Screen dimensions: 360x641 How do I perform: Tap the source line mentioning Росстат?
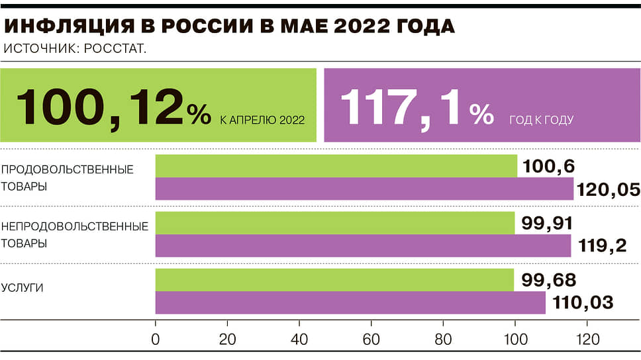click(75, 48)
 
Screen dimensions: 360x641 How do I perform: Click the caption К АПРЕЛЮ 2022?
click(262, 120)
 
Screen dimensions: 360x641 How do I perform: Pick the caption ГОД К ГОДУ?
click(541, 120)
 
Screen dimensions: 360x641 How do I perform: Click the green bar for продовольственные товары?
click(336, 166)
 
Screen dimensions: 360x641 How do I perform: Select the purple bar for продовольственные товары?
click(364, 189)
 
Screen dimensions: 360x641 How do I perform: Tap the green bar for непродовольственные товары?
click(334, 223)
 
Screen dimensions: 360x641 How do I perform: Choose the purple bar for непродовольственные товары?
click(363, 246)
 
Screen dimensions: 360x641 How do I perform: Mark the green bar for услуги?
click(334, 280)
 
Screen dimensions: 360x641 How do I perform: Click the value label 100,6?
click(548, 166)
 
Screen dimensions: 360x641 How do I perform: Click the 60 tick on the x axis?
click(371, 339)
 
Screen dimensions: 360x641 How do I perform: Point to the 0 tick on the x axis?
click(156, 339)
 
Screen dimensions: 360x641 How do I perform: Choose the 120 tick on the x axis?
click(587, 339)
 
